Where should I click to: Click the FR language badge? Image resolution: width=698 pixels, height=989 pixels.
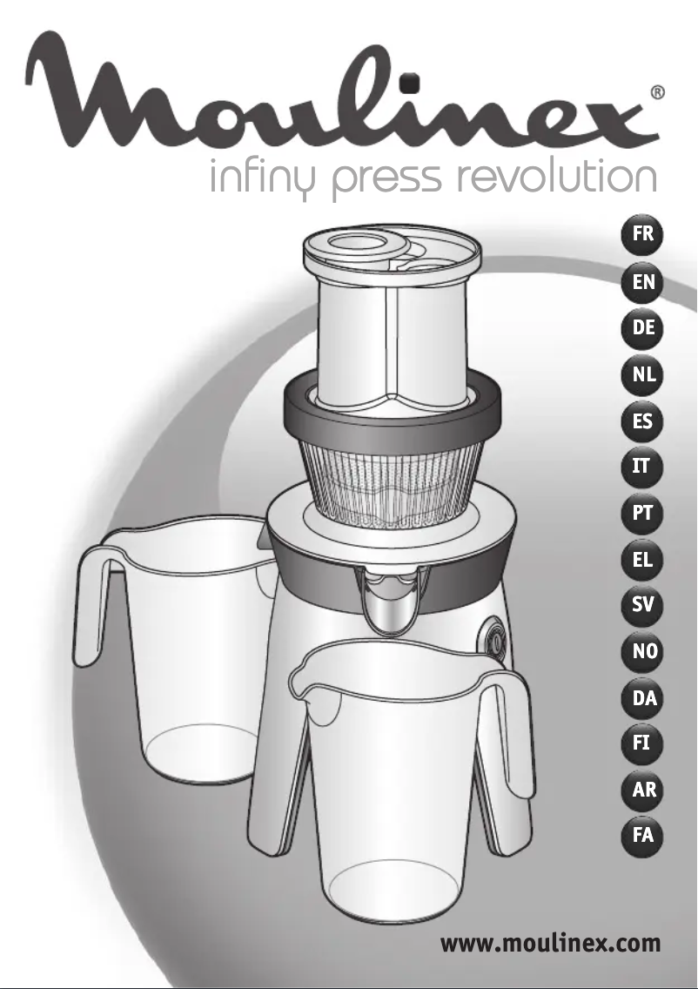pyautogui.click(x=643, y=234)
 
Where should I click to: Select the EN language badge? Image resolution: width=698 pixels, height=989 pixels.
pyautogui.click(x=643, y=282)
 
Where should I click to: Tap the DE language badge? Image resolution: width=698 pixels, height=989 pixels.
pyautogui.click(x=643, y=329)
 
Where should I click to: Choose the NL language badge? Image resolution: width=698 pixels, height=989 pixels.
pyautogui.click(x=643, y=376)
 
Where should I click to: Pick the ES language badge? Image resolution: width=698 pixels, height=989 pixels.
pyautogui.click(x=643, y=423)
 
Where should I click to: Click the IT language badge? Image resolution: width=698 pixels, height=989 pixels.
pyautogui.click(x=643, y=468)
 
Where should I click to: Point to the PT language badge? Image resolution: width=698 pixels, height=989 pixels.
pyautogui.click(x=643, y=514)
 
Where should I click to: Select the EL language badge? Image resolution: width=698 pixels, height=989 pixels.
pyautogui.click(x=643, y=560)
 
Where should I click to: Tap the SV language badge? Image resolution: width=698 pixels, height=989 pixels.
pyautogui.click(x=643, y=605)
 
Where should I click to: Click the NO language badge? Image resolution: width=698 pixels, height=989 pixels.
pyautogui.click(x=643, y=651)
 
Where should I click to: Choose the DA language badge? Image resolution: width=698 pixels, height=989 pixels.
pyautogui.click(x=643, y=697)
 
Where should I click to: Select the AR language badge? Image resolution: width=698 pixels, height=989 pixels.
pyautogui.click(x=643, y=791)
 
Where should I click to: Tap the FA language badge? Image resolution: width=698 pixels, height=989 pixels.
pyautogui.click(x=643, y=837)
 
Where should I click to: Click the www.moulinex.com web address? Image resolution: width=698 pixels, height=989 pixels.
pyautogui.click(x=550, y=943)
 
